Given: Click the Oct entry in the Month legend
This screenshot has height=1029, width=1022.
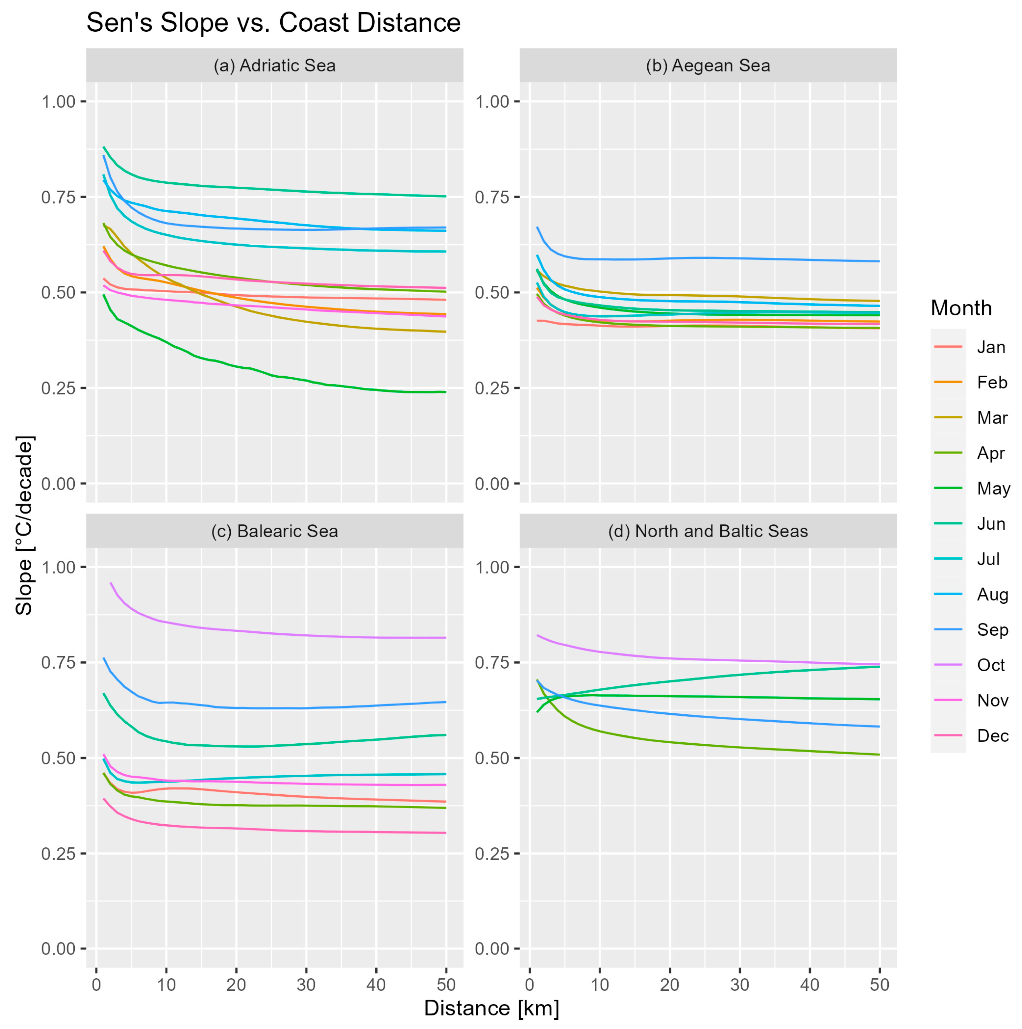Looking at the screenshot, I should (x=990, y=665).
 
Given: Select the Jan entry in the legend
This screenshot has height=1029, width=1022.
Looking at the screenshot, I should (x=990, y=347).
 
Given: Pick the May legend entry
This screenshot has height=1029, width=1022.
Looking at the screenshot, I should (x=993, y=488).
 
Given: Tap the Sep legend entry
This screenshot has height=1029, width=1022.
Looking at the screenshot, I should (x=992, y=630).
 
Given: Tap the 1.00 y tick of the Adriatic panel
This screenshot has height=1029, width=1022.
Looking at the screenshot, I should (x=59, y=101).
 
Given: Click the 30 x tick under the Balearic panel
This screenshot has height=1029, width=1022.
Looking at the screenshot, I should (x=306, y=984).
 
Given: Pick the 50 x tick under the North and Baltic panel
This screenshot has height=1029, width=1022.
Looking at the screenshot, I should (x=879, y=984).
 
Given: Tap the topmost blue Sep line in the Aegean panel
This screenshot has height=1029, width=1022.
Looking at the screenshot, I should (x=692, y=258).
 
